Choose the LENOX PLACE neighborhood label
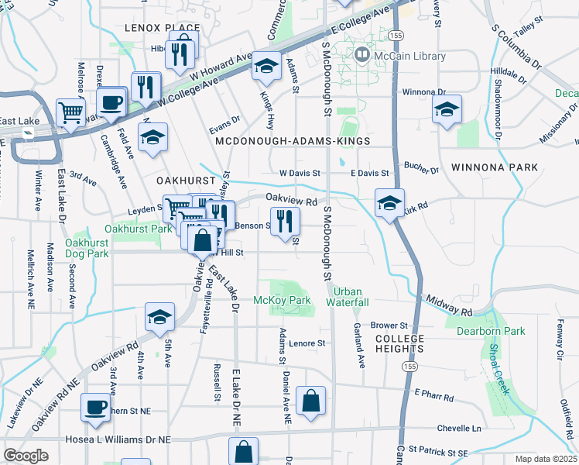click(x=162, y=28)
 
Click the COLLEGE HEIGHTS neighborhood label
click(x=399, y=344)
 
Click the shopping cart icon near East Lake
click(x=70, y=112)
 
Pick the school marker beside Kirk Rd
click(x=388, y=203)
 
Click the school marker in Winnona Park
click(x=447, y=109)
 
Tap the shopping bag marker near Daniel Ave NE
click(x=310, y=401)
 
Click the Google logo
click(x=26, y=456)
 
